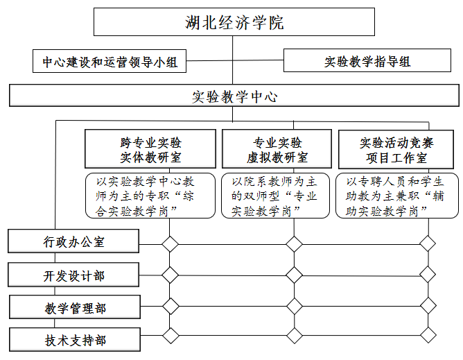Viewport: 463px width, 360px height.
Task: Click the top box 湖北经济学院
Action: tap(234, 22)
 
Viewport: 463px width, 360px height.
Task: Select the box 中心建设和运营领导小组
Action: tap(110, 61)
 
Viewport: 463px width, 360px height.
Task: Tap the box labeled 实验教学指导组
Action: tap(367, 60)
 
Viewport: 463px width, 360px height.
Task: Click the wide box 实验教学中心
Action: tap(234, 96)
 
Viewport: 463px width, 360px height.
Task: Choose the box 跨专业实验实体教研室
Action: tap(150, 149)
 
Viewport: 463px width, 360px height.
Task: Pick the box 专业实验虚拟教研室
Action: tap(277, 149)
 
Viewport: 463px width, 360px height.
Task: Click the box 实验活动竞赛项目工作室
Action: tap(396, 149)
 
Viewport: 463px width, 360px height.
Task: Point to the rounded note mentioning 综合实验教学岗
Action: tap(150, 196)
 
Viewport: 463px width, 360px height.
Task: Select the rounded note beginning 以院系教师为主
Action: tap(275, 196)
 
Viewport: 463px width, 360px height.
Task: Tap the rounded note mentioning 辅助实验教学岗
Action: tap(397, 196)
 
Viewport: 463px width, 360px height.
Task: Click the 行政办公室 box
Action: tap(73, 241)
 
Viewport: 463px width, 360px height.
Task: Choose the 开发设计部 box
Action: tap(73, 275)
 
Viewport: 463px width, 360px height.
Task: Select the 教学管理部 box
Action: tap(75, 307)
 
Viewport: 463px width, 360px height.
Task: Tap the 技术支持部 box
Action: tap(75, 340)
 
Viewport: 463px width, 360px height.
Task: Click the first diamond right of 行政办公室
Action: tap(170, 244)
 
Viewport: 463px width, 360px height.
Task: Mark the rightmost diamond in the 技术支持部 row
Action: tap(428, 335)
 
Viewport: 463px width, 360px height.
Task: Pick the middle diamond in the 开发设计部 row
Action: tap(294, 275)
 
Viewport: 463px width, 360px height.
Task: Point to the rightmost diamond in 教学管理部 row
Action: tap(428, 306)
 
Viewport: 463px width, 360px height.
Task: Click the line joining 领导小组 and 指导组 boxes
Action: tap(235, 60)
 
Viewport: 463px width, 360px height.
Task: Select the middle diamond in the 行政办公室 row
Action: tap(294, 244)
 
